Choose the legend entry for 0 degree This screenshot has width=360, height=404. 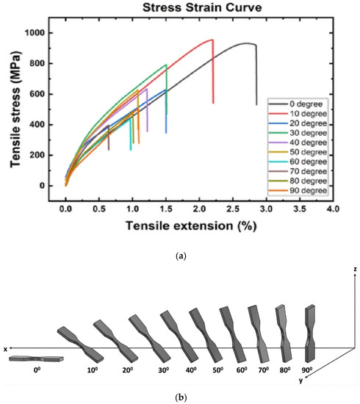point(303,104)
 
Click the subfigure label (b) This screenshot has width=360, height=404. point(181,396)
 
